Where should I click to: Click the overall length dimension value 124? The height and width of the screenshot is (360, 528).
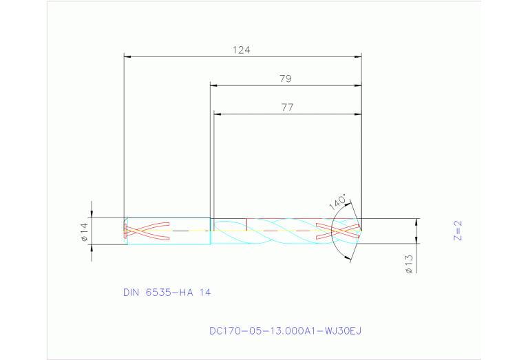point(241,50)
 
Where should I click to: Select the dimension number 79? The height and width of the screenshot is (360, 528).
point(285,79)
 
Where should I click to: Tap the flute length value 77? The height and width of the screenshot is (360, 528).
point(287,107)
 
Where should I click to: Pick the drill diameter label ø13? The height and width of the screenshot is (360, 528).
point(408,264)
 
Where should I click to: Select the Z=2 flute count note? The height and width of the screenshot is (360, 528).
point(457,230)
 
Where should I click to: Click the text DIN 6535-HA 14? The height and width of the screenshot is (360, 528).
point(167,293)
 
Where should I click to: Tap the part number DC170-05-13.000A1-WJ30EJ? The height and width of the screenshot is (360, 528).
point(285,330)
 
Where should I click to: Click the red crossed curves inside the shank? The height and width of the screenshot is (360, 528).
point(147,231)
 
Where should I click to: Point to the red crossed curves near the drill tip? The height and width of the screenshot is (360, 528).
point(337,231)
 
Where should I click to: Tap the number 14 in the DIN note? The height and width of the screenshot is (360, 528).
point(204,293)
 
